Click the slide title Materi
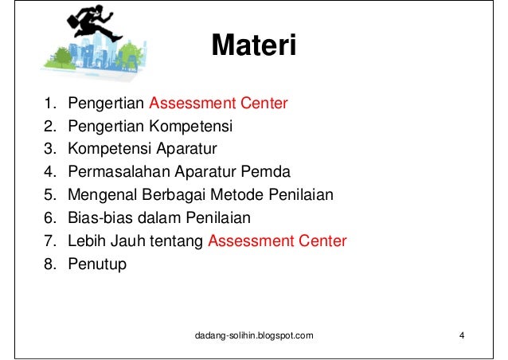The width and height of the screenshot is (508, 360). point(253,45)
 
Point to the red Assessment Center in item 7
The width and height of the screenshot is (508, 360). point(277,241)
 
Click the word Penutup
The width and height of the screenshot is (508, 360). point(97,264)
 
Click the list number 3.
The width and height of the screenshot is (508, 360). point(49,149)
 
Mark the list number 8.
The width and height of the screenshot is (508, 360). point(49,264)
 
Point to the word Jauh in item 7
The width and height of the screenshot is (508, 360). point(122,241)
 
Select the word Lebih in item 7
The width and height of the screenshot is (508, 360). point(85,241)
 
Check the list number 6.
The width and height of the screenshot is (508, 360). point(49,218)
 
